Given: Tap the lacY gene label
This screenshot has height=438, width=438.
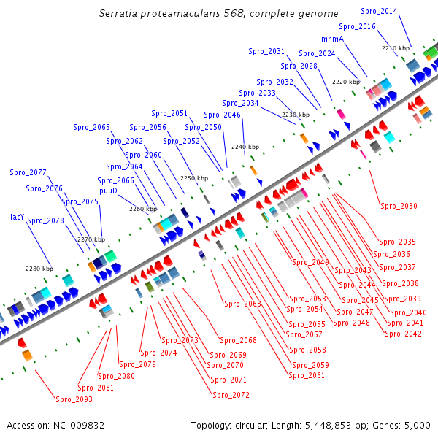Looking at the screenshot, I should (x=18, y=217).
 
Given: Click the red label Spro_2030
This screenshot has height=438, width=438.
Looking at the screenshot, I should (x=399, y=206).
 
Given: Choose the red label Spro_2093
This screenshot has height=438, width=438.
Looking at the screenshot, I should (x=74, y=399).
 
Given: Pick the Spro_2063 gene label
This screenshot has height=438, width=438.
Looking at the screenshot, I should (x=242, y=304).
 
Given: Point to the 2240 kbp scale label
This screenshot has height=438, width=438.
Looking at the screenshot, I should (x=245, y=147).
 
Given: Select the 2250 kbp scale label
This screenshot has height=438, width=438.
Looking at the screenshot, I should (x=194, y=178).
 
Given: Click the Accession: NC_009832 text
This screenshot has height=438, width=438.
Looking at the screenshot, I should (x=55, y=425).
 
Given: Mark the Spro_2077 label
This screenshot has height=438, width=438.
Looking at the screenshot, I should (x=28, y=173).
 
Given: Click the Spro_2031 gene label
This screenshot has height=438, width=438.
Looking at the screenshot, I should (x=266, y=52).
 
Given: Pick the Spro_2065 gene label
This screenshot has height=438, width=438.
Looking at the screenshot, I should (x=91, y=127).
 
